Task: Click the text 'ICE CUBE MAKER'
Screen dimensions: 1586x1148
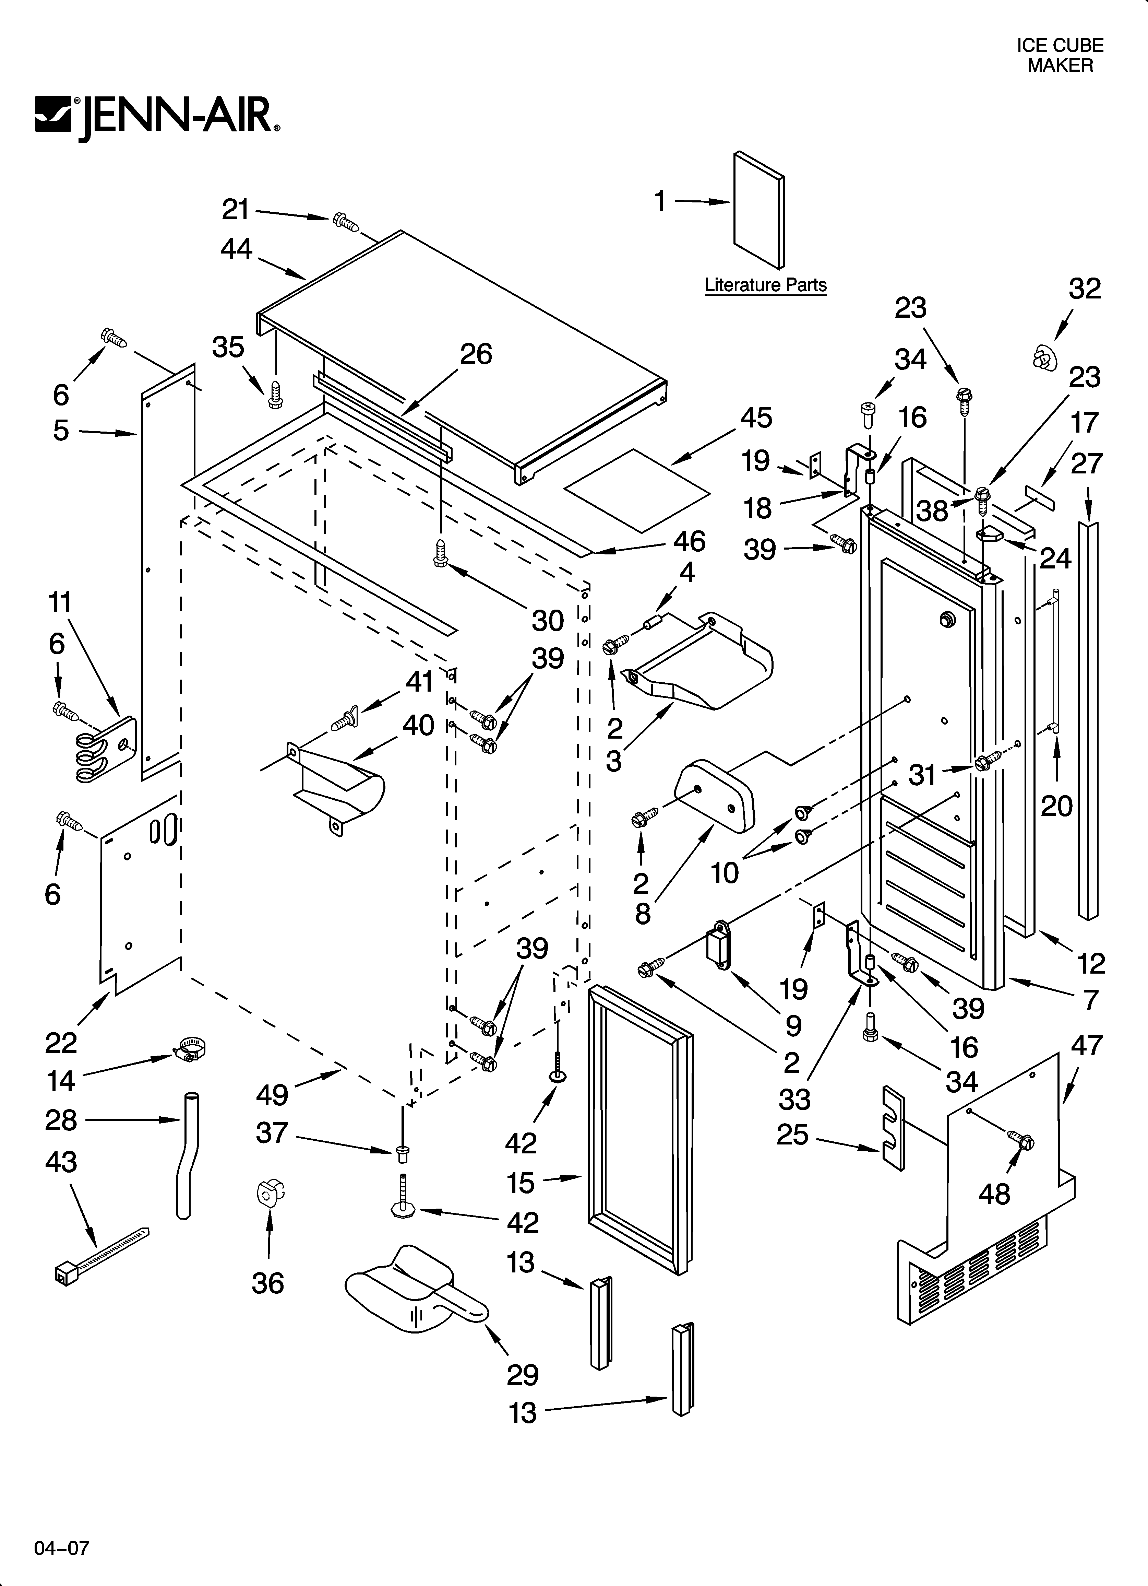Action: (1059, 55)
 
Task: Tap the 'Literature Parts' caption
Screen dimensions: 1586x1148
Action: (766, 285)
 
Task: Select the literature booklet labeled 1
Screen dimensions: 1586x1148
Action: (758, 210)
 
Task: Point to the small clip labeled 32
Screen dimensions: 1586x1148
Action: (1044, 358)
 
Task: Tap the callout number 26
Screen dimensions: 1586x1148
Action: (476, 354)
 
